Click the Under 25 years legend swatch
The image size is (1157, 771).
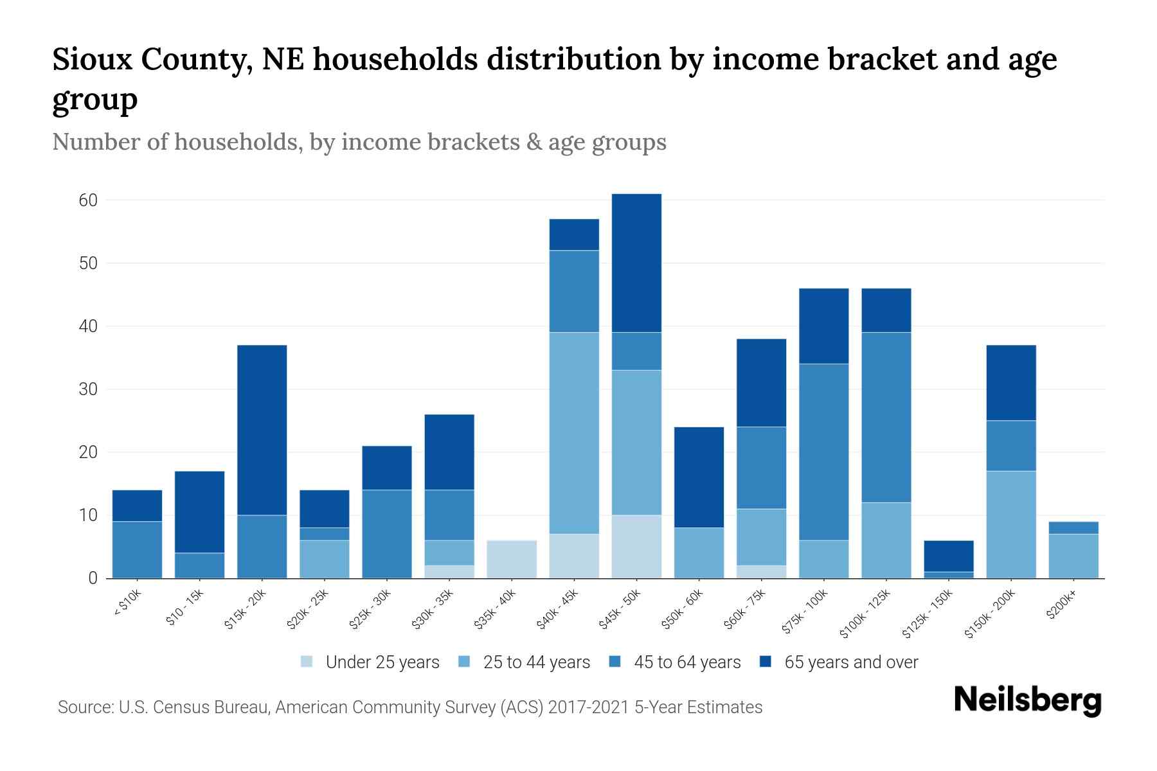tap(307, 662)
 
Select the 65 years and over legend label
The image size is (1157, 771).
tap(851, 662)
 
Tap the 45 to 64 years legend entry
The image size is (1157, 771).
tap(686, 662)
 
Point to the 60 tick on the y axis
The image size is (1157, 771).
tap(88, 200)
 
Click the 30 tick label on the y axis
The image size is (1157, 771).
tap(88, 389)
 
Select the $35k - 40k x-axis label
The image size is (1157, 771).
tap(496, 610)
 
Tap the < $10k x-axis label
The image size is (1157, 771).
tap(127, 603)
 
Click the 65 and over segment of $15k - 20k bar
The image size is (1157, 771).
tap(262, 430)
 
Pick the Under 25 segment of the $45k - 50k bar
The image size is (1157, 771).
tap(636, 546)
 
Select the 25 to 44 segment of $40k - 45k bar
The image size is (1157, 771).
tap(574, 433)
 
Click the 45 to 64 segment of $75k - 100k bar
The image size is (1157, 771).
tap(823, 452)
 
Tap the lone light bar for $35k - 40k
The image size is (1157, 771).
tap(512, 559)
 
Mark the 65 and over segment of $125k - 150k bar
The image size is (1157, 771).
tap(949, 556)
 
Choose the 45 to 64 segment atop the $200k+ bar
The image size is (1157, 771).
tap(1073, 527)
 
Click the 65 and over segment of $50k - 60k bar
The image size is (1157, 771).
tap(699, 477)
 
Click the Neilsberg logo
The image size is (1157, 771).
tap(1027, 700)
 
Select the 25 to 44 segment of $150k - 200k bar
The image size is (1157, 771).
tap(1011, 524)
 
